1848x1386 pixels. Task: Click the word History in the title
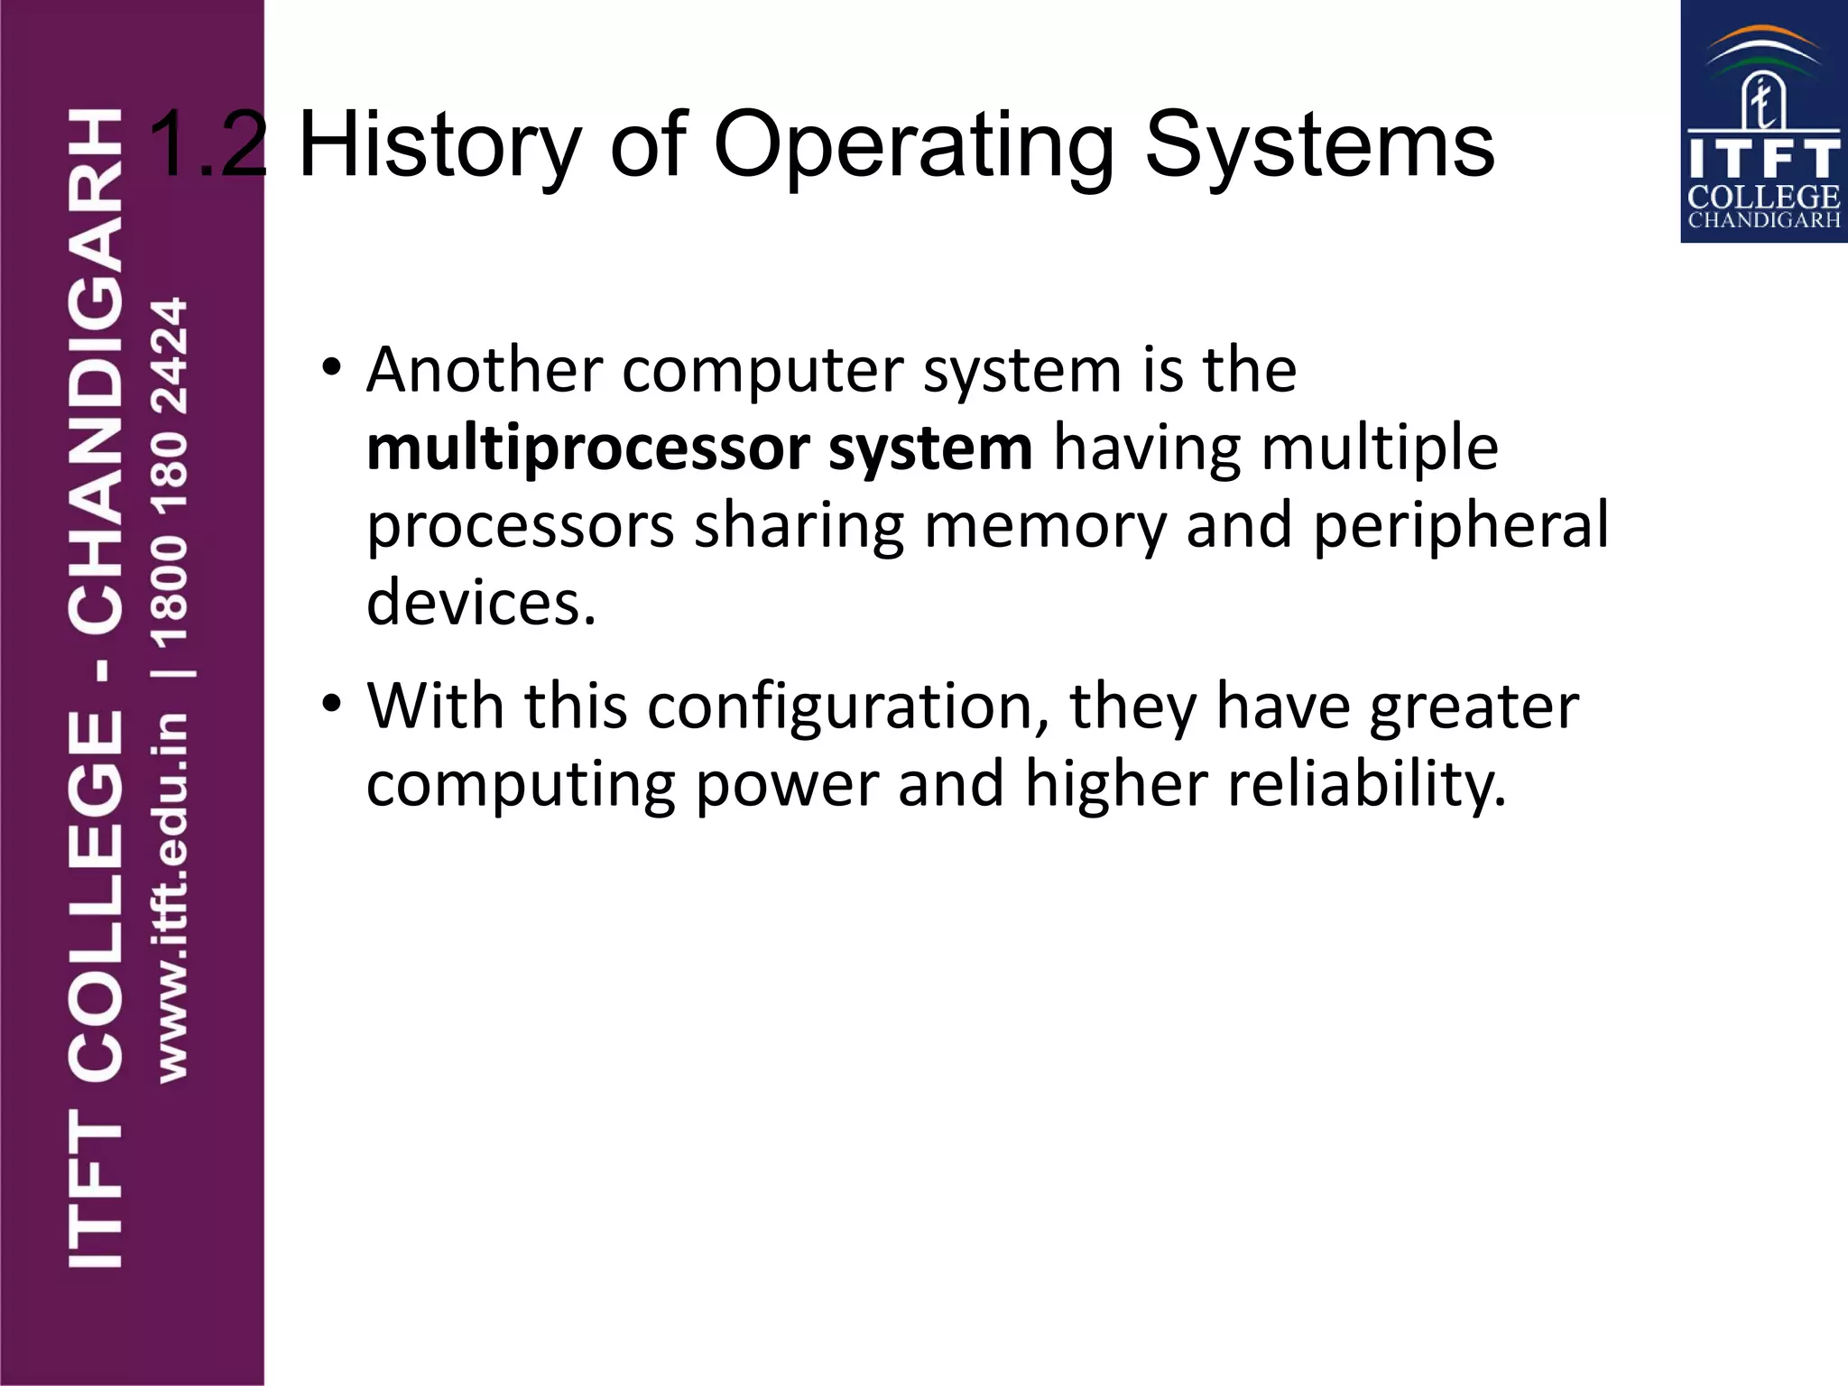pos(439,146)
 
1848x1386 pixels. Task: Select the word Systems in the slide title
pos(1319,146)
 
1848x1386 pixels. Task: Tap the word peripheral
pos(1461,526)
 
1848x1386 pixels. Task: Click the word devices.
pos(481,603)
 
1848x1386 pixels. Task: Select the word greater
pos(1474,706)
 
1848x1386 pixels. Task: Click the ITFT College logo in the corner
pos(1763,122)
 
